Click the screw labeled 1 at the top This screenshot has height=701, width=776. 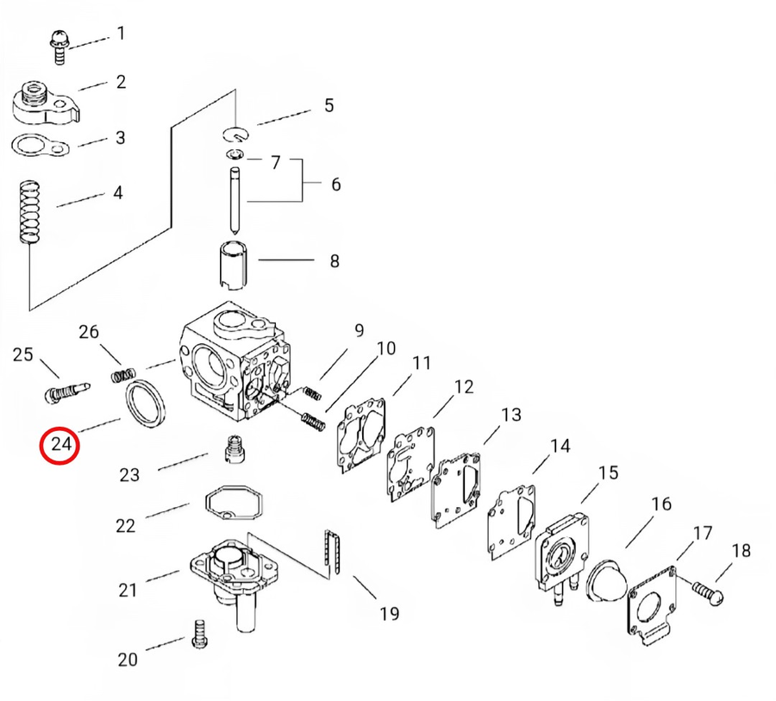click(x=59, y=44)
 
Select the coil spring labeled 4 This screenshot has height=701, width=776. click(x=30, y=212)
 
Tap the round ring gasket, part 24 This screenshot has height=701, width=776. click(x=146, y=405)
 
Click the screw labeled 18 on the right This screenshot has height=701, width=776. click(x=708, y=592)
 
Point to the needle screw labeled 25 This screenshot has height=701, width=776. click(x=65, y=392)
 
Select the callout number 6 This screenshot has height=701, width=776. click(x=335, y=185)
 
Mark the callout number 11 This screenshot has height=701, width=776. click(x=420, y=363)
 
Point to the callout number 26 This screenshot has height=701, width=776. click(x=89, y=332)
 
